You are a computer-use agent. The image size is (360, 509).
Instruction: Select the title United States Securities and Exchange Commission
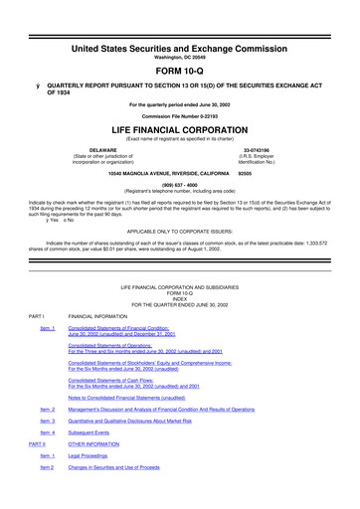pos(180,20)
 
